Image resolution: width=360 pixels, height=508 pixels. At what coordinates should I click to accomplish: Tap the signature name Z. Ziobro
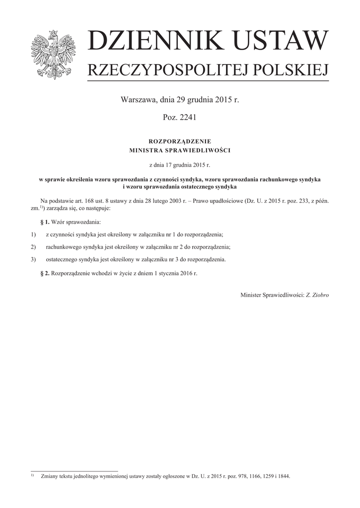click(x=317, y=295)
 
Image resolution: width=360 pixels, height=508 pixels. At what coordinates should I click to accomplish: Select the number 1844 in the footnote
click(x=284, y=476)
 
